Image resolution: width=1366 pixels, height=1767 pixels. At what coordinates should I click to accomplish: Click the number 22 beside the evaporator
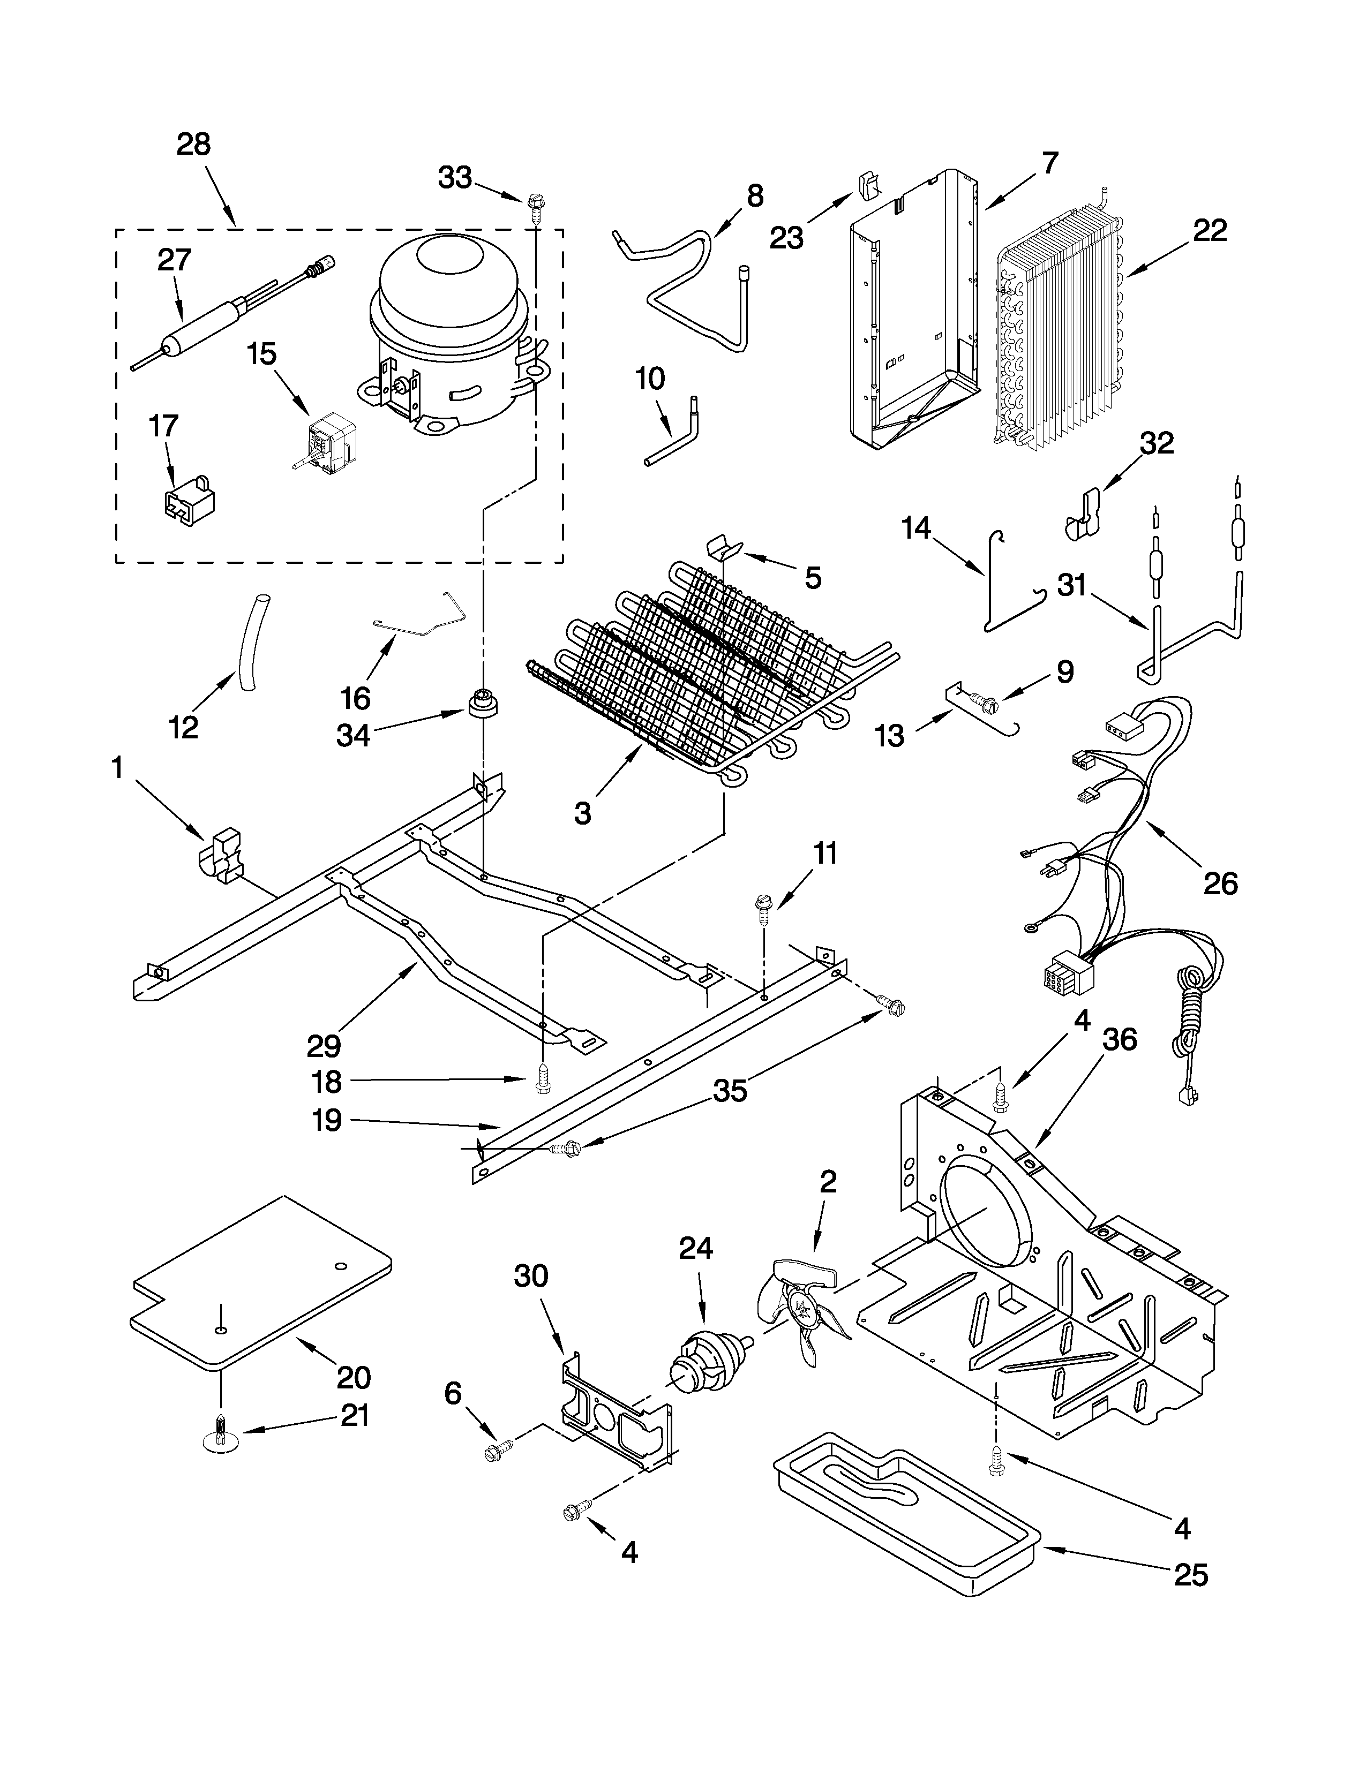coord(1209,231)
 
